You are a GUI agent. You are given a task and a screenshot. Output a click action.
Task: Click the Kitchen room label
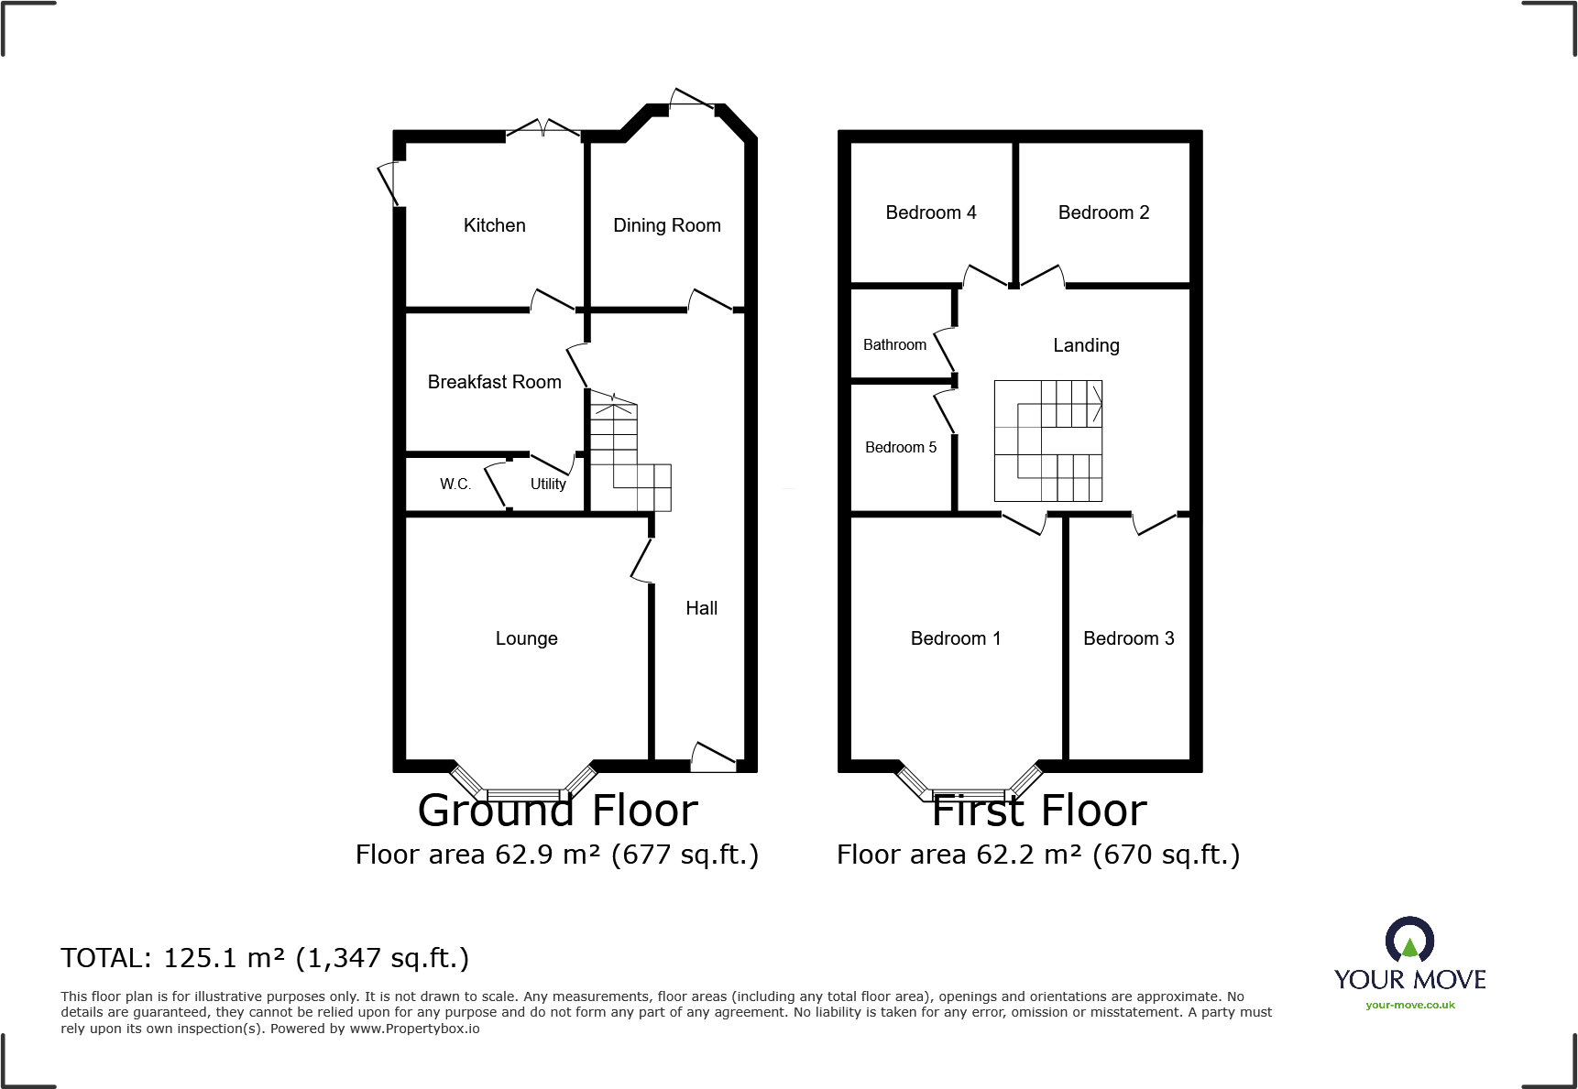[494, 225]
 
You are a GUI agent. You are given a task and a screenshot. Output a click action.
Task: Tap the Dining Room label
[666, 225]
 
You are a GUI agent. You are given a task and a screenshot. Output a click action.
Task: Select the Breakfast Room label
[494, 382]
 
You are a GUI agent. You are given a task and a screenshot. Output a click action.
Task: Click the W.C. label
[455, 484]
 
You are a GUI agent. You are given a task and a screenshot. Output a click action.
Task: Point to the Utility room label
[548, 484]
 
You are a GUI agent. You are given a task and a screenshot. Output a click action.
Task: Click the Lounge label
[526, 638]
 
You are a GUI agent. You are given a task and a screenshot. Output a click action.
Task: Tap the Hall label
[701, 608]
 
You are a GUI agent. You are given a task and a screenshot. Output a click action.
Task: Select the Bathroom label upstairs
[894, 344]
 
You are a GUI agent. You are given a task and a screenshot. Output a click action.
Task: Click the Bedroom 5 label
[901, 447]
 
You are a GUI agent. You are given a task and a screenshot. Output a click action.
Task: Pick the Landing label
[1086, 345]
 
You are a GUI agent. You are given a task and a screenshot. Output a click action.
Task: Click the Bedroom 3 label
[1128, 638]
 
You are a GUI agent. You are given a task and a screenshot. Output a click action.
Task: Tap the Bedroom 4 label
[930, 212]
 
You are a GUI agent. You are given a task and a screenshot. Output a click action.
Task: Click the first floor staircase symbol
[1048, 441]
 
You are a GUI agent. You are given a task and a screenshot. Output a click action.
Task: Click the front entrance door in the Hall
[714, 757]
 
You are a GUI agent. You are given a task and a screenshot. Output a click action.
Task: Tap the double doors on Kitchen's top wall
[543, 129]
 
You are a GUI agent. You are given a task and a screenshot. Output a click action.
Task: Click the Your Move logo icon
[1409, 940]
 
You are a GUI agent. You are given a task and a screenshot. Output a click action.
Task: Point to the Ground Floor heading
[557, 811]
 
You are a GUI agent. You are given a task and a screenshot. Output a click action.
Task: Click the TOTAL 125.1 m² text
[265, 958]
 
